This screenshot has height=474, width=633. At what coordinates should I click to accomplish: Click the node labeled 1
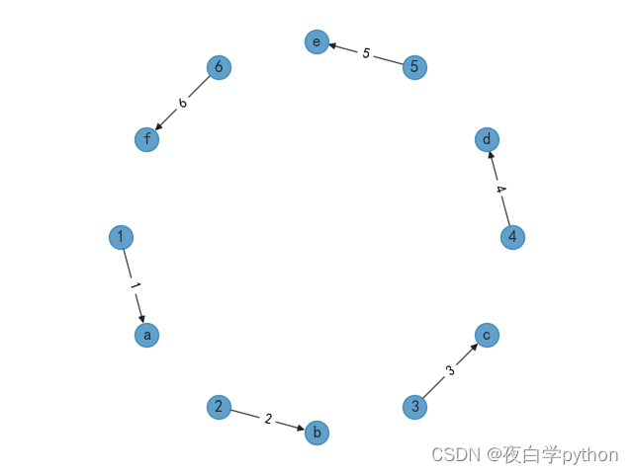click(x=121, y=237)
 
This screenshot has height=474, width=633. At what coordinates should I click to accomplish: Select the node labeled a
click(x=146, y=335)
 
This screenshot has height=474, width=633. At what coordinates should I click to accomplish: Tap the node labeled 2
click(x=219, y=407)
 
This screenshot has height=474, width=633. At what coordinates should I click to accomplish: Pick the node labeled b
click(x=316, y=433)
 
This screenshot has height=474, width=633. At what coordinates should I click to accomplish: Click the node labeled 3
click(x=414, y=407)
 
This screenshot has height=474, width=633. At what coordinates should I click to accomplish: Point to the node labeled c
click(x=487, y=335)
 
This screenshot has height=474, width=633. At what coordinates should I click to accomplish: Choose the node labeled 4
click(x=512, y=237)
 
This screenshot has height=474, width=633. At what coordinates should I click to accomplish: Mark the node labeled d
click(x=487, y=139)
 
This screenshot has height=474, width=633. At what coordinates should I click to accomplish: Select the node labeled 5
click(x=414, y=67)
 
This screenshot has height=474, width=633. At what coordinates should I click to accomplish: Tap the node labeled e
click(x=316, y=41)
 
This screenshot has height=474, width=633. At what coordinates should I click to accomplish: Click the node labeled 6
click(x=219, y=67)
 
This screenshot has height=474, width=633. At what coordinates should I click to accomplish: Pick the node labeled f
click(x=146, y=139)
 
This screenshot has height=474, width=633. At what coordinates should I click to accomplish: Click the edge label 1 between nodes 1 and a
click(x=134, y=286)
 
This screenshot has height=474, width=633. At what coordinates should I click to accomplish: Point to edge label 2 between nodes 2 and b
click(x=267, y=420)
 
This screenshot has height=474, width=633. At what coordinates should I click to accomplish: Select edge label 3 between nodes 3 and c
click(x=450, y=371)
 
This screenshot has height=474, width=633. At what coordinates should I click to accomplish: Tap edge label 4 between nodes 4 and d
click(x=499, y=189)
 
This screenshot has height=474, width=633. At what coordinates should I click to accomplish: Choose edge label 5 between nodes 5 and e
click(x=366, y=54)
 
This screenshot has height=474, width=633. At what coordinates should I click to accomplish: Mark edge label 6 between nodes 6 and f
click(x=183, y=103)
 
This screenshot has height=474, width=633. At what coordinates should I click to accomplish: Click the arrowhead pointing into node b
click(x=301, y=429)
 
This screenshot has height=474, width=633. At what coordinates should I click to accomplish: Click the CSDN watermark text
click(x=524, y=455)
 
